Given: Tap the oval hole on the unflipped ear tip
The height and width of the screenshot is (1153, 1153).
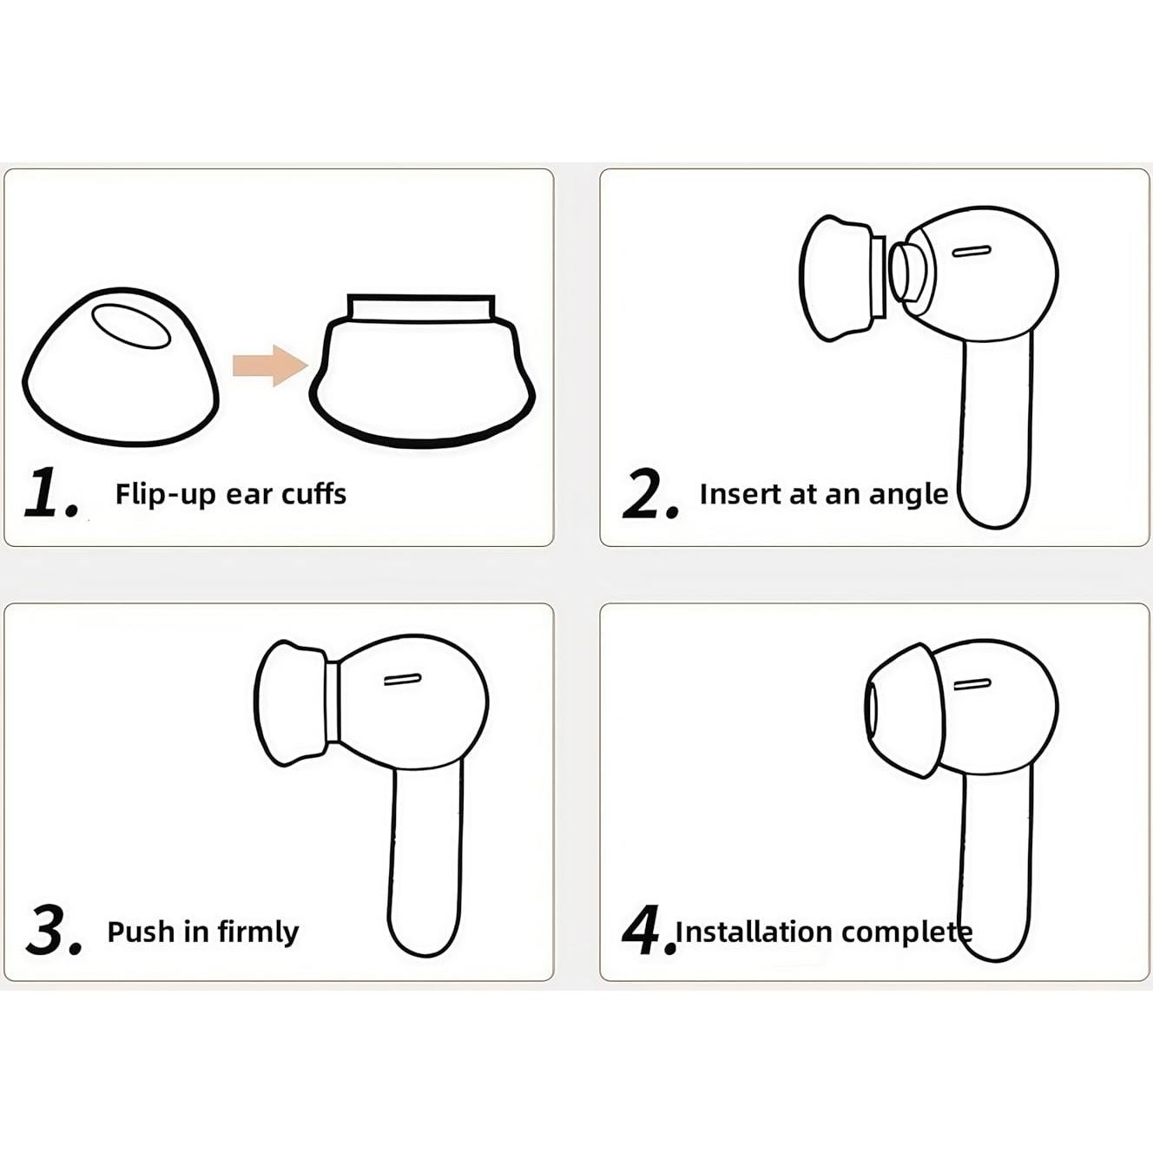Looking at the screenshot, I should click(131, 326).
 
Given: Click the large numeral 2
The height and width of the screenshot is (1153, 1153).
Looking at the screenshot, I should click(649, 494).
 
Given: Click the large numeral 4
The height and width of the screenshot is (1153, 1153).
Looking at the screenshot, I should click(645, 930).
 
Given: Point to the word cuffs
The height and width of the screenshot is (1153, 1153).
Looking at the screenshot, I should click(312, 494).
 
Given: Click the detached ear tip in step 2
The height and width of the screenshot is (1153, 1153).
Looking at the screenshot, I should click(835, 278).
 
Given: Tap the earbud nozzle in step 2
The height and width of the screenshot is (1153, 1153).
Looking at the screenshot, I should click(906, 270).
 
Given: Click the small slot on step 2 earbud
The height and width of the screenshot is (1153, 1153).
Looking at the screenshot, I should click(971, 252).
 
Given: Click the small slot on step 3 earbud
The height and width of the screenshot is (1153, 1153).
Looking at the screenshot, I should click(402, 680).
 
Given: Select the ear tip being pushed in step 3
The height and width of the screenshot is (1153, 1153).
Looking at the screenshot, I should click(290, 703).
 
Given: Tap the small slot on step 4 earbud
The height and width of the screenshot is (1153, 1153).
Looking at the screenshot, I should click(972, 685).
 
